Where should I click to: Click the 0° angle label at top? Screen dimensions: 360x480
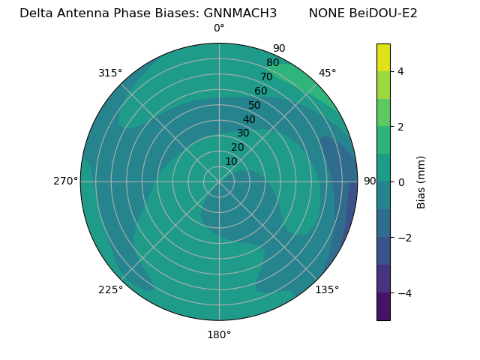pyautogui.click(x=219, y=28)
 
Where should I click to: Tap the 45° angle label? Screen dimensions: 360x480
pyautogui.click(x=327, y=73)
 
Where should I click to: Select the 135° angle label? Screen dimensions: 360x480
pyautogui.click(x=327, y=289)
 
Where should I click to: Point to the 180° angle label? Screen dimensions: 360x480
pyautogui.click(x=219, y=334)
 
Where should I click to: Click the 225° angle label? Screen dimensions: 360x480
pyautogui.click(x=110, y=289)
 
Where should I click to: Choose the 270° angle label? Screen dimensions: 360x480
pyautogui.click(x=65, y=181)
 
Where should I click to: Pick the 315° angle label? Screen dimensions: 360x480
pyautogui.click(x=110, y=73)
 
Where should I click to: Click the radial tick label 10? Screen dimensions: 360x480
pyautogui.click(x=231, y=161)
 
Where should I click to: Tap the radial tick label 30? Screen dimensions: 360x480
pyautogui.click(x=243, y=133)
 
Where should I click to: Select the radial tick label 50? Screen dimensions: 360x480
pyautogui.click(x=255, y=105)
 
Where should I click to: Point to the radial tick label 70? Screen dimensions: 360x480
pyautogui.click(x=266, y=76)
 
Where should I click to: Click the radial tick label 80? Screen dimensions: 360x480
pyautogui.click(x=272, y=63)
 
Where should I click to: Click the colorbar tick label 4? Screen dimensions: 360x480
pyautogui.click(x=401, y=71)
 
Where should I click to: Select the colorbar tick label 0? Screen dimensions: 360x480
pyautogui.click(x=401, y=182)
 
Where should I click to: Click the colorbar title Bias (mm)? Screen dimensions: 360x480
pyautogui.click(x=421, y=182)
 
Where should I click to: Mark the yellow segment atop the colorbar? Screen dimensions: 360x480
pyautogui.click(x=383, y=57)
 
